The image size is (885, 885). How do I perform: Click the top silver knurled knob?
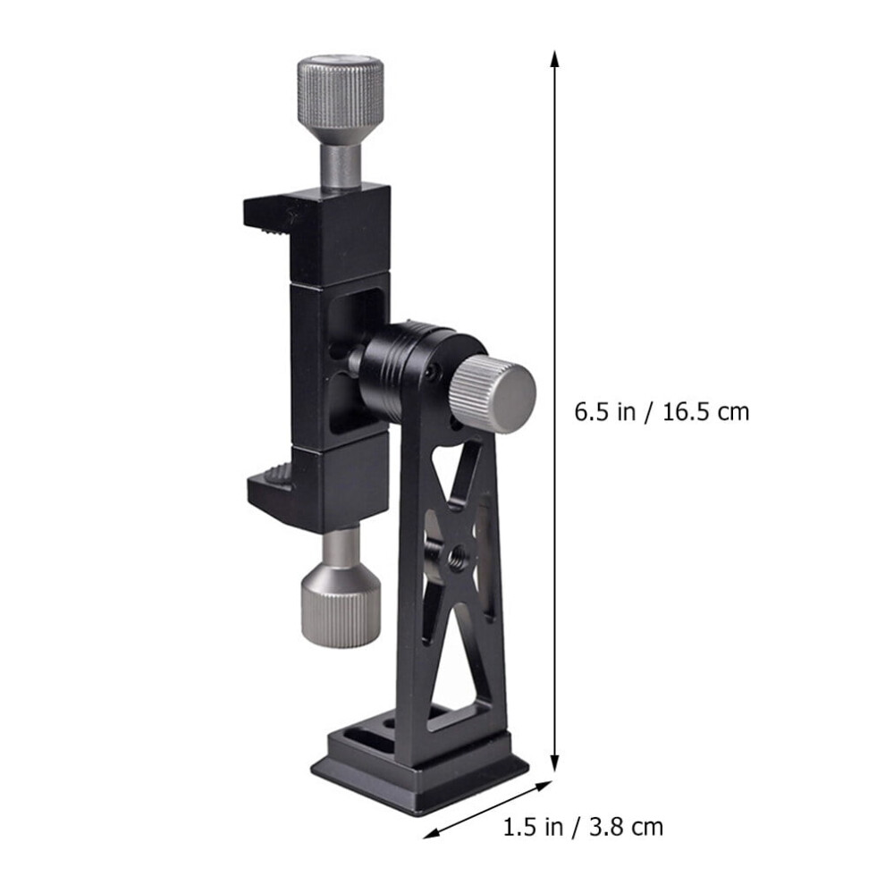tap(341, 99)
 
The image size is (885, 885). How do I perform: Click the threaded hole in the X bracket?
tap(456, 559)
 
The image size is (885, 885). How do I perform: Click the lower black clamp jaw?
tap(317, 485)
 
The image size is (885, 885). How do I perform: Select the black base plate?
tap(420, 768)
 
